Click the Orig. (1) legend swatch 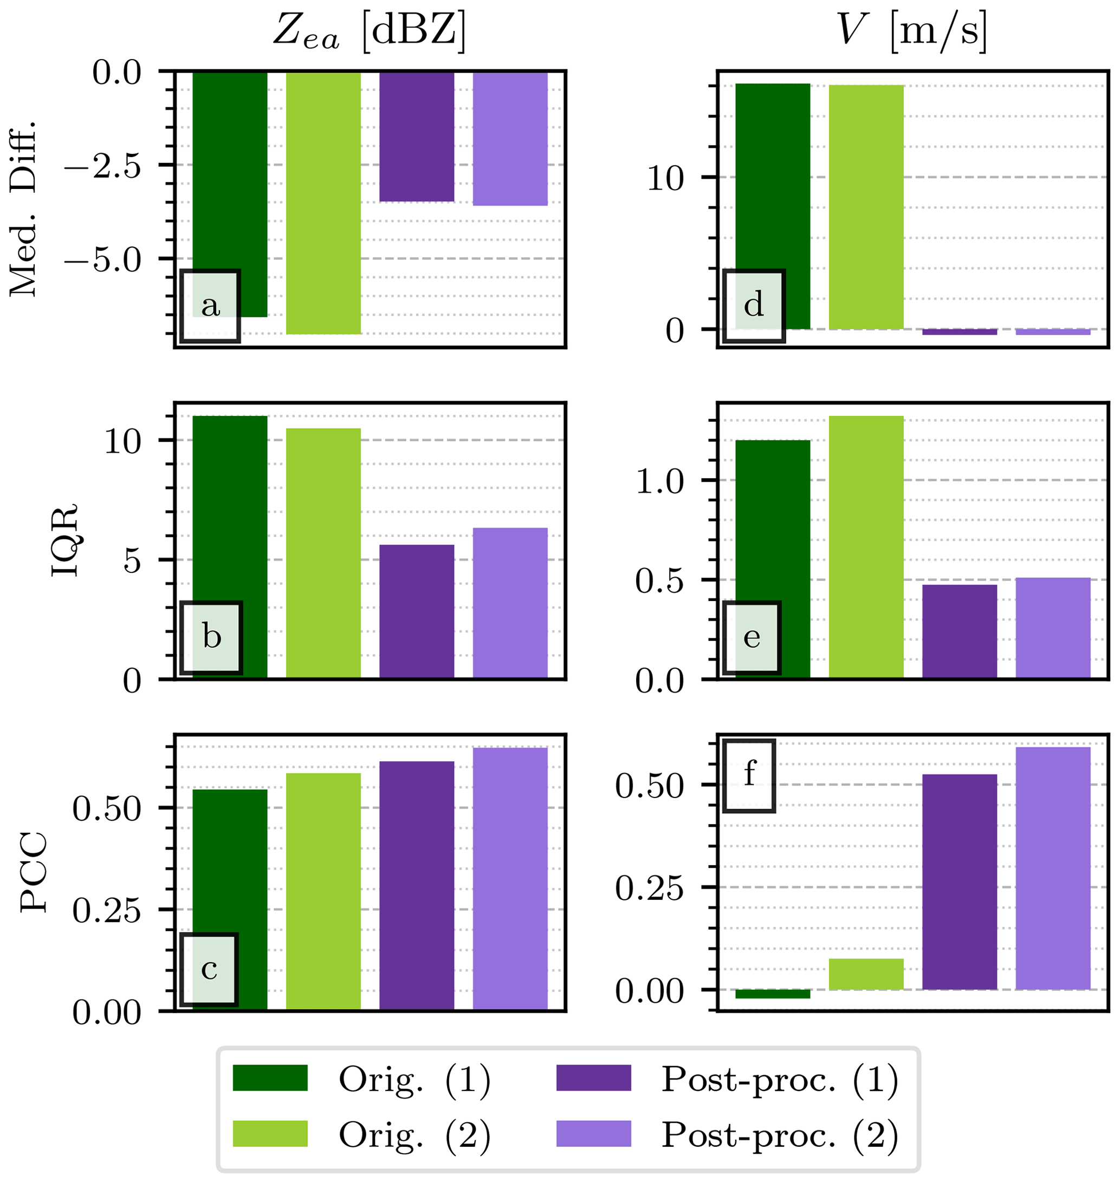pos(270,1077)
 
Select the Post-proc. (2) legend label pos(779,1134)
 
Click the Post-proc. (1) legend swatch pos(593,1077)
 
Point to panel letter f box pos(749,775)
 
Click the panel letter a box pos(210,306)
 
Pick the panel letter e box pos(752,637)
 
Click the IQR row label pos(64,540)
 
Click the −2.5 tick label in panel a pos(103,166)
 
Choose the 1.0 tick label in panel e pos(659,481)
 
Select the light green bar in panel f pos(866,974)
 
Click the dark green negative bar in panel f pos(773,994)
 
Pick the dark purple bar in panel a pos(417,137)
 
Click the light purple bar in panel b pos(510,603)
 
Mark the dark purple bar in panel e pos(960,631)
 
